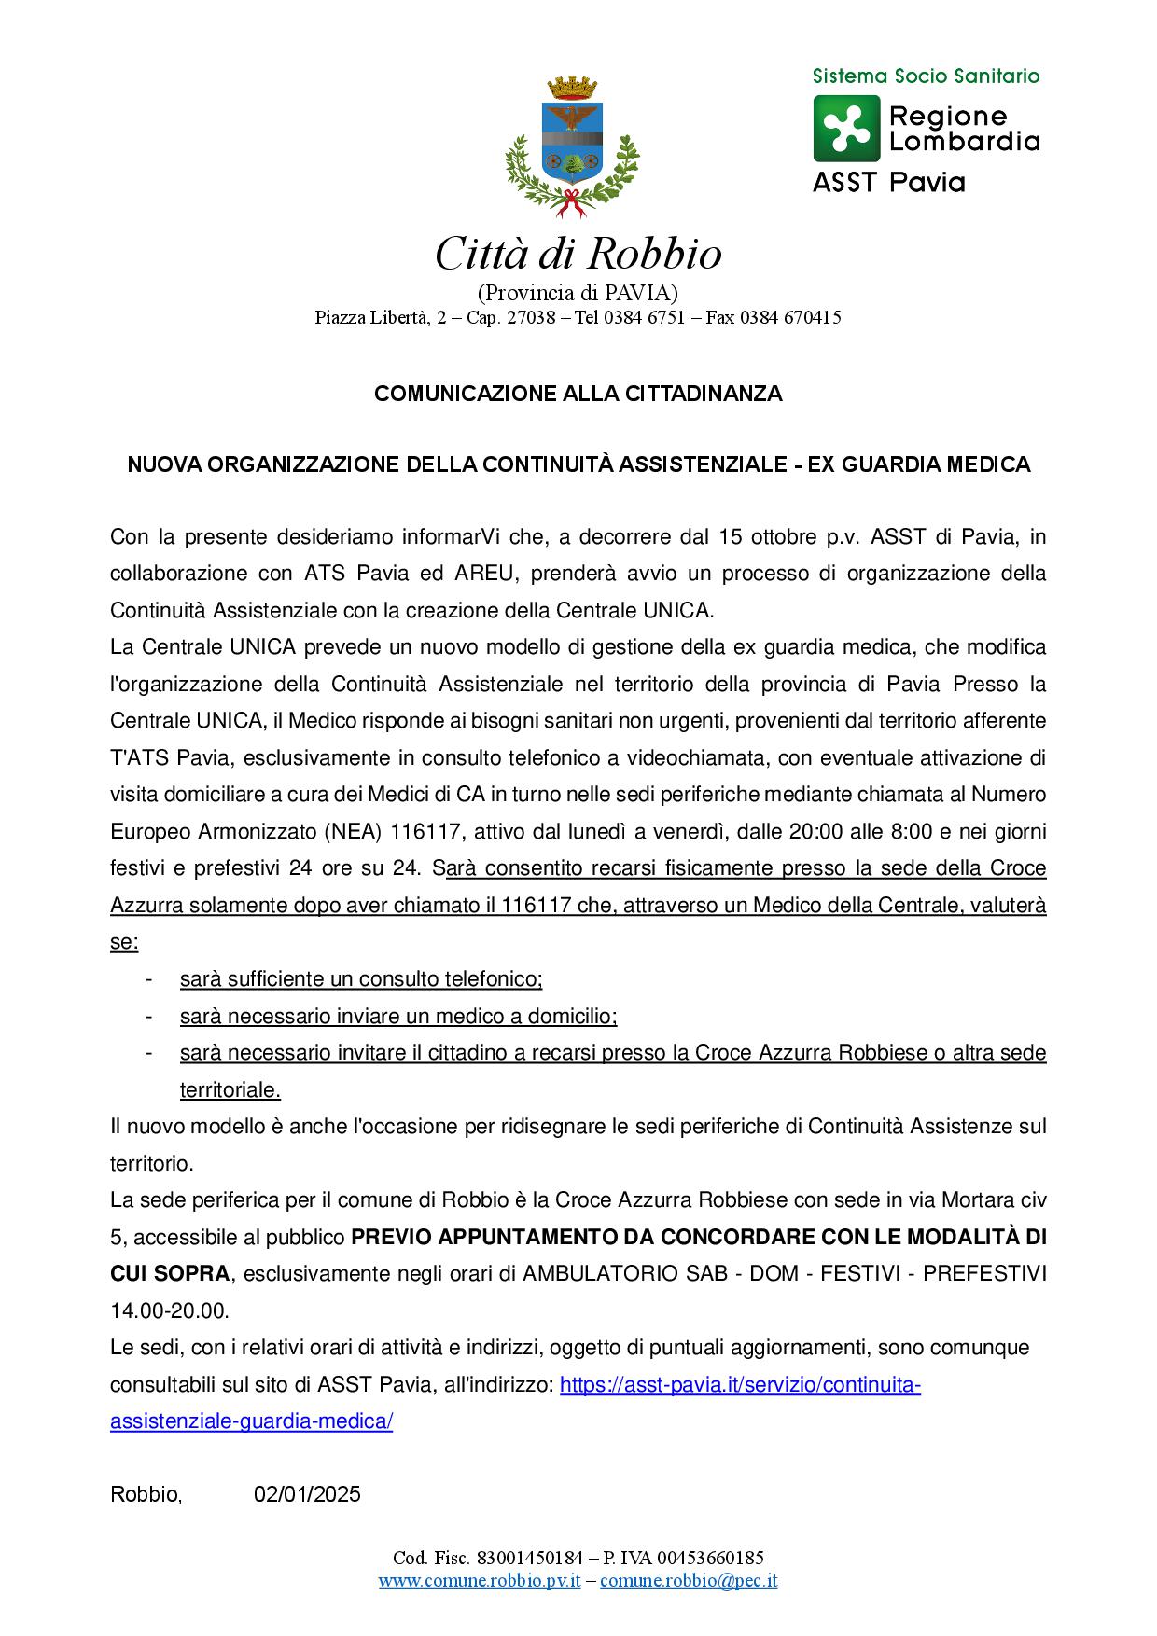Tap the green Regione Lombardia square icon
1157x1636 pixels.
point(846,129)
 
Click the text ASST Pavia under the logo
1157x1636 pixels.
point(888,182)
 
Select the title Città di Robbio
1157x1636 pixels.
point(578,255)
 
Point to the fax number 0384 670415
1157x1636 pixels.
point(790,318)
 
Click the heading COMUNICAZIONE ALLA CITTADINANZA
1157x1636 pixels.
point(578,394)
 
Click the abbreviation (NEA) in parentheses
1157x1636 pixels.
point(354,831)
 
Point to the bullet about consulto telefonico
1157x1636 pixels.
point(361,979)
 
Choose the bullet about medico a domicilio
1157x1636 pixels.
point(398,1016)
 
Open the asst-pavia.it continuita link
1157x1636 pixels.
point(739,1385)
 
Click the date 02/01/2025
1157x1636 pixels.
point(307,1495)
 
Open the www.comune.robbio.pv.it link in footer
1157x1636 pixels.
point(480,1580)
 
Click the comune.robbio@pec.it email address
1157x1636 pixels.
point(689,1580)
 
